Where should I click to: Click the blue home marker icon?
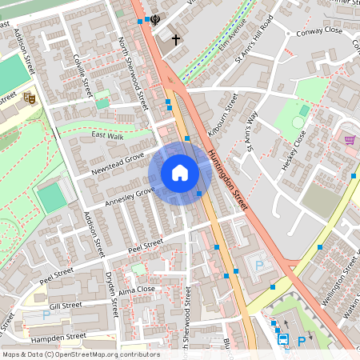[180, 172]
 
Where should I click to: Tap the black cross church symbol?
[175, 38]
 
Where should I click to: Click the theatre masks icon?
[30, 98]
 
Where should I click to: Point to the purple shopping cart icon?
[350, 139]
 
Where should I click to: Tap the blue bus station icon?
[283, 340]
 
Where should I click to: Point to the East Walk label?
[107, 135]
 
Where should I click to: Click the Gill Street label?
[65, 306]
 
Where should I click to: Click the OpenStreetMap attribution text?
[80, 354]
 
